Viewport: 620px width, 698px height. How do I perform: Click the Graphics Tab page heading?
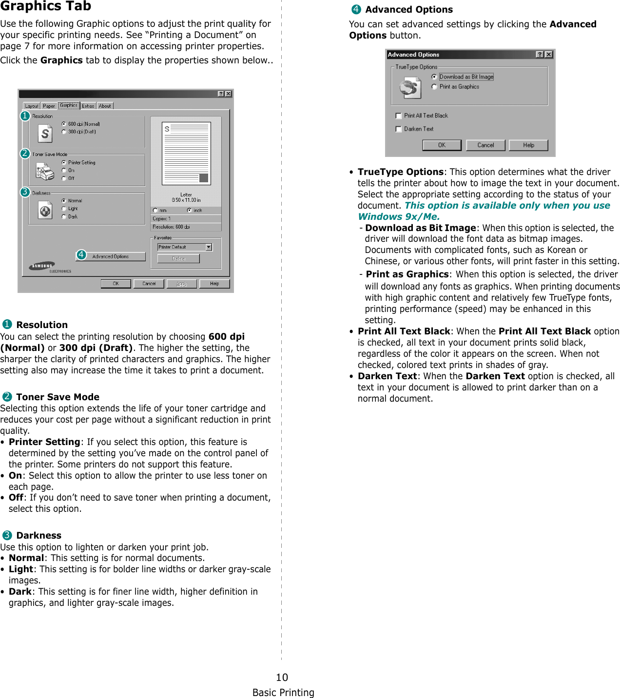pos(46,6)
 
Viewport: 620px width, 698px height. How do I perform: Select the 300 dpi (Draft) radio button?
pos(64,132)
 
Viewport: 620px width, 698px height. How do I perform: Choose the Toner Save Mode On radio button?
pos(64,170)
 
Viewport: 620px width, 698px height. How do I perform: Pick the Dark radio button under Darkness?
pos(64,216)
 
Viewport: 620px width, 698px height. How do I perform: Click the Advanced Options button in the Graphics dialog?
pos(111,256)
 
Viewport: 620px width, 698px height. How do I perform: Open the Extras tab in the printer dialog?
pos(88,106)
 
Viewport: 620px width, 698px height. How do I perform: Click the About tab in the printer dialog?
pos(105,106)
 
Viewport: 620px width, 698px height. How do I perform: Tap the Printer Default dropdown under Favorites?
pos(185,247)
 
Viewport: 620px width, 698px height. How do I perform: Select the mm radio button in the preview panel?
pos(155,211)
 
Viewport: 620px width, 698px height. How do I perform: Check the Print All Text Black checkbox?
pos(399,116)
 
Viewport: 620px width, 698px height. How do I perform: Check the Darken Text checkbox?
pos(399,129)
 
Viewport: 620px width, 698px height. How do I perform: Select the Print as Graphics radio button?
pos(434,87)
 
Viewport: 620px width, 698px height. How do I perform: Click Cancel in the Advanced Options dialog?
pos(485,145)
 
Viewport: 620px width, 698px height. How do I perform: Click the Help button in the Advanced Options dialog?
pos(528,145)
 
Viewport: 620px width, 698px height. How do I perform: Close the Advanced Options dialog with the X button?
pos(549,55)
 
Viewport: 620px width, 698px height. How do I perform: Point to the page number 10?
pos(282,677)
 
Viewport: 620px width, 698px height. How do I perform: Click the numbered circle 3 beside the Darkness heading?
pos(7,535)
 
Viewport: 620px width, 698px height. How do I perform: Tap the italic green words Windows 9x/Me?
pos(399,217)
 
